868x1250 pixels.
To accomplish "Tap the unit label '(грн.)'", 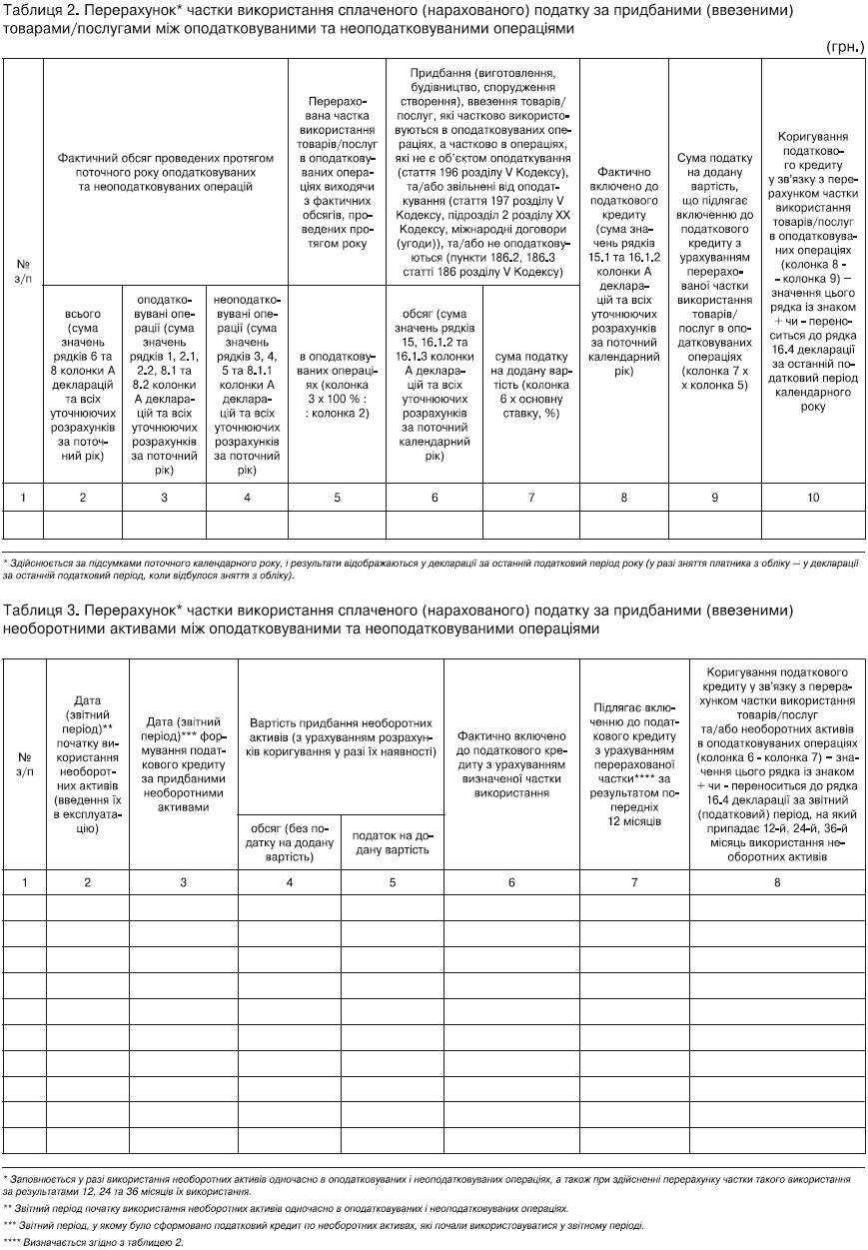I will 844,47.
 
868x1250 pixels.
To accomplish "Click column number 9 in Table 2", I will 713,497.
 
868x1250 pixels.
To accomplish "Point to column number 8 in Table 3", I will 777,881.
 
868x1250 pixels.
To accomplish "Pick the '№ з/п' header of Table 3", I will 24,763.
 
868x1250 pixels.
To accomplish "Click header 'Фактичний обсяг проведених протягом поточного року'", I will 165,173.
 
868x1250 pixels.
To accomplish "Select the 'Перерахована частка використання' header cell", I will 337,172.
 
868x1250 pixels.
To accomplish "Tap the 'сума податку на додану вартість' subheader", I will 531,381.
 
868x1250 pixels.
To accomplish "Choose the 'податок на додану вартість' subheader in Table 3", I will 392,842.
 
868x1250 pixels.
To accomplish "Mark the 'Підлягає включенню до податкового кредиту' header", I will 634,763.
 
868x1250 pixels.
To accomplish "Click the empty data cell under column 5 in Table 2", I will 337,525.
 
